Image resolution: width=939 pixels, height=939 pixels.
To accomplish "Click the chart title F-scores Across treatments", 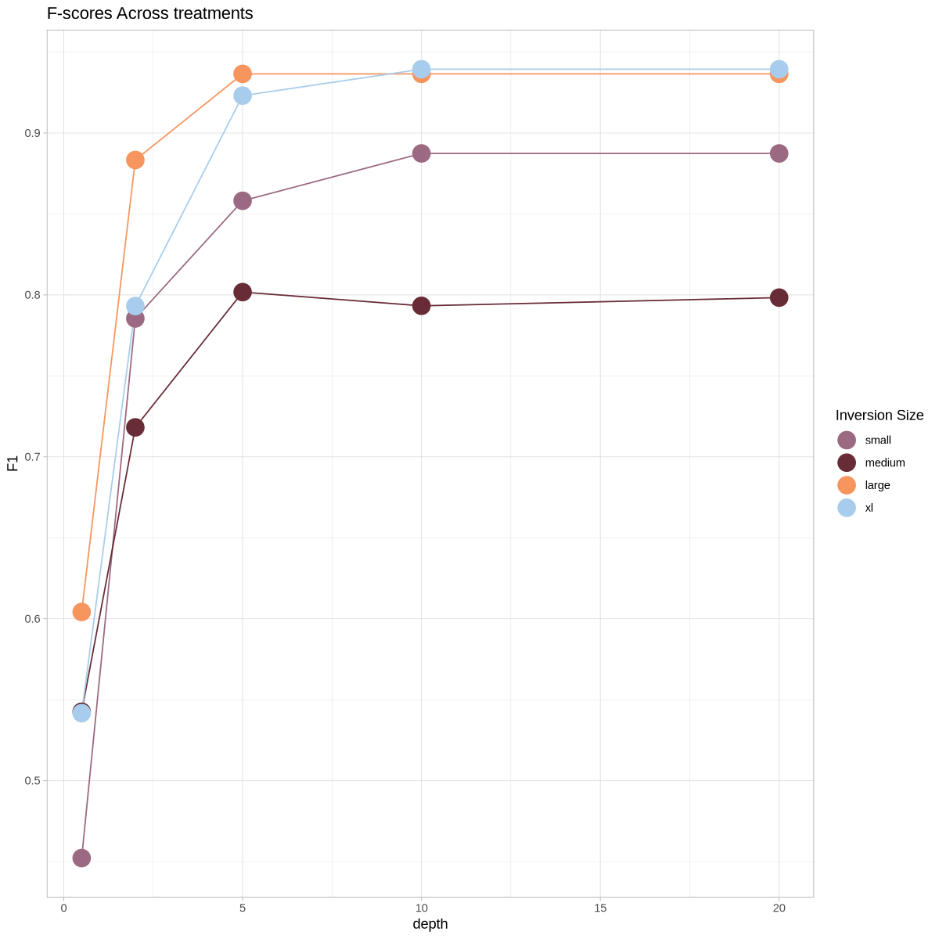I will pyautogui.click(x=149, y=13).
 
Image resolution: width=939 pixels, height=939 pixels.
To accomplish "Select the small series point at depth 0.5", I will pyautogui.click(x=81, y=858).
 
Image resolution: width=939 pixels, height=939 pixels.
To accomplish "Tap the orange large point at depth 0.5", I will pyautogui.click(x=81, y=612).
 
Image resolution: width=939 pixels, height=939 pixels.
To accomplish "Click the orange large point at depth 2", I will pyautogui.click(x=135, y=160).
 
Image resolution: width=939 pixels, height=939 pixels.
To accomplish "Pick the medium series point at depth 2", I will pyautogui.click(x=135, y=427).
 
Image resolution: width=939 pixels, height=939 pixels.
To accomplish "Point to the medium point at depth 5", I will pyautogui.click(x=243, y=292).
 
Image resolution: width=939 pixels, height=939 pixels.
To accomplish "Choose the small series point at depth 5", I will pyautogui.click(x=243, y=200).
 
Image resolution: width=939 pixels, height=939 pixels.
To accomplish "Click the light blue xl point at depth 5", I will pyautogui.click(x=243, y=95).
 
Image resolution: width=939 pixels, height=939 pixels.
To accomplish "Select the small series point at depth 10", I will pyautogui.click(x=422, y=153).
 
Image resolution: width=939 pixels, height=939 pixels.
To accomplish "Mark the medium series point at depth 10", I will pyautogui.click(x=422, y=306).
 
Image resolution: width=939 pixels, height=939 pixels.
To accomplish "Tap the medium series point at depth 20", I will pyautogui.click(x=779, y=297).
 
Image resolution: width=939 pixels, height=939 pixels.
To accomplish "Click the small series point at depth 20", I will pyautogui.click(x=779, y=153).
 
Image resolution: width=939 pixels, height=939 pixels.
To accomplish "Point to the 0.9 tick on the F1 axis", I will pyautogui.click(x=32, y=133).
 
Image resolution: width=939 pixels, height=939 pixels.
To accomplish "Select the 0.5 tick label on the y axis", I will pyautogui.click(x=32, y=780).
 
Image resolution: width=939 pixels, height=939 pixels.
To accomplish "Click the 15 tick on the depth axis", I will pyautogui.click(x=600, y=908).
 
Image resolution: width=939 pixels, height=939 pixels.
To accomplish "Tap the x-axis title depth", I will pyautogui.click(x=430, y=924).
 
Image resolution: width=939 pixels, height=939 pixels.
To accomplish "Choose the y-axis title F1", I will pyautogui.click(x=13, y=463).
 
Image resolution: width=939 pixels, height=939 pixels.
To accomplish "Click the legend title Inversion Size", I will pyautogui.click(x=879, y=416).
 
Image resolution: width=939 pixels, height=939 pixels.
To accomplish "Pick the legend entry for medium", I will pyautogui.click(x=884, y=462).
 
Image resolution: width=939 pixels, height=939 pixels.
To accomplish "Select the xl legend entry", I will pyautogui.click(x=869, y=508).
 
